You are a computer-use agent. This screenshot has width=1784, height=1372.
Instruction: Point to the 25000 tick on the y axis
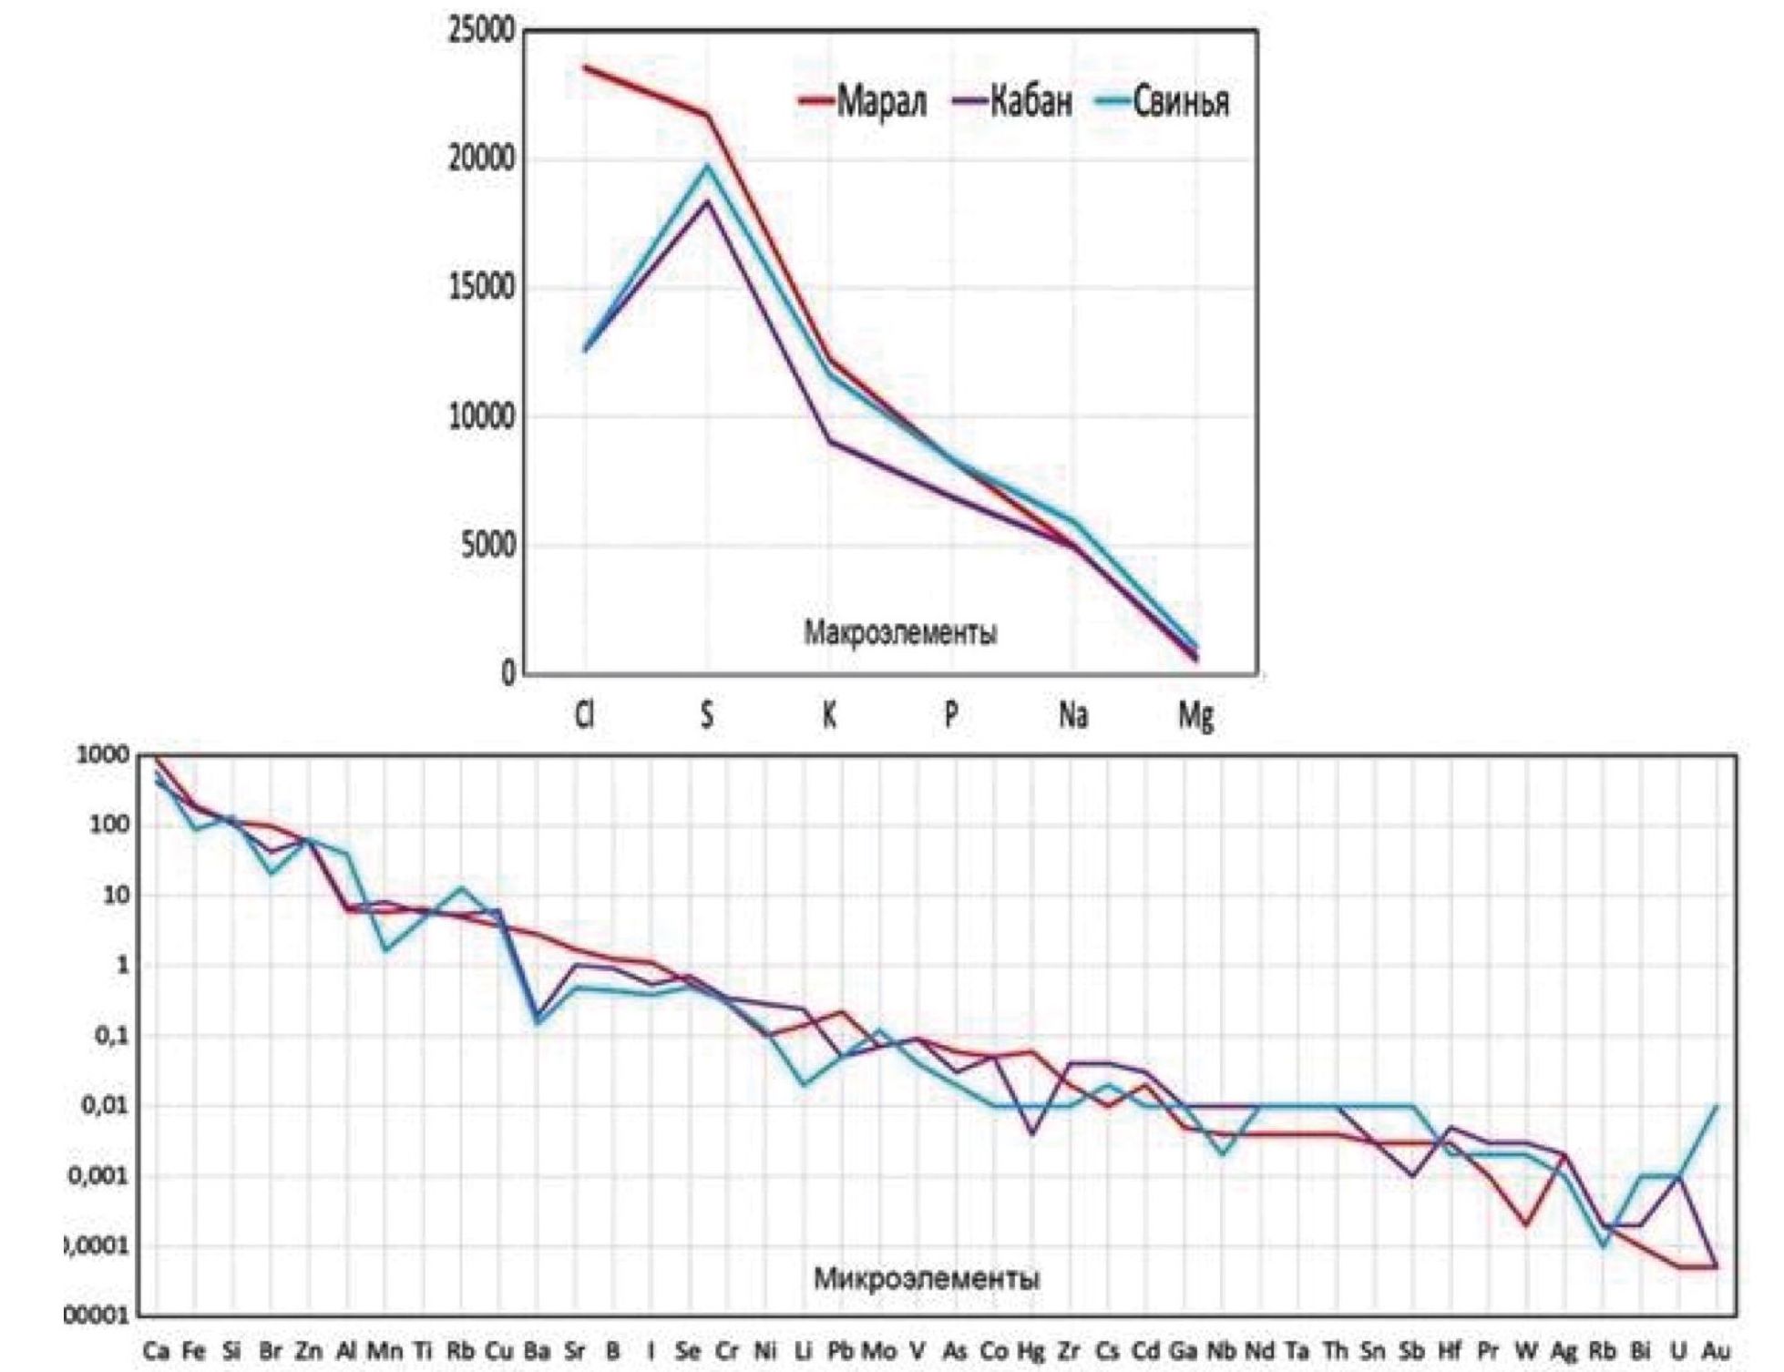[481, 31]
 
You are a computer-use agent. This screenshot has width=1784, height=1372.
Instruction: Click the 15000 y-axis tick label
[481, 288]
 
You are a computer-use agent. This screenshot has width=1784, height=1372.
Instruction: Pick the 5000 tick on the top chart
[488, 546]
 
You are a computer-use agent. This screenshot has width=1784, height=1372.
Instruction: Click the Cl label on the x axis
[584, 716]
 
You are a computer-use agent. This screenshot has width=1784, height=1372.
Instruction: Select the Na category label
[1072, 716]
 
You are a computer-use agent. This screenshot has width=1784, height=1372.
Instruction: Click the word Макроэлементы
[899, 632]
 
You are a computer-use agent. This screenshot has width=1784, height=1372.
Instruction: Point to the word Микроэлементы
[926, 1278]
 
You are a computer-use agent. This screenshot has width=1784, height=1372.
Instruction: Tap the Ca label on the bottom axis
[156, 1351]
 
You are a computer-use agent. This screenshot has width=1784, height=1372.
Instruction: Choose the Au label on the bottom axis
[1717, 1351]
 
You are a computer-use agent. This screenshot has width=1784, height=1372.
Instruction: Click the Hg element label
[1030, 1351]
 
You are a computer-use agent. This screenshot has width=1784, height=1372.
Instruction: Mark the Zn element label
[309, 1351]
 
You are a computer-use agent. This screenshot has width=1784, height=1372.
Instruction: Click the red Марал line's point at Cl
[585, 67]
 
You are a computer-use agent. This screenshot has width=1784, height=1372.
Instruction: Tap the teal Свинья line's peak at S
[707, 165]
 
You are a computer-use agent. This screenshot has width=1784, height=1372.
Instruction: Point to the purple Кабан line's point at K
[829, 441]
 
